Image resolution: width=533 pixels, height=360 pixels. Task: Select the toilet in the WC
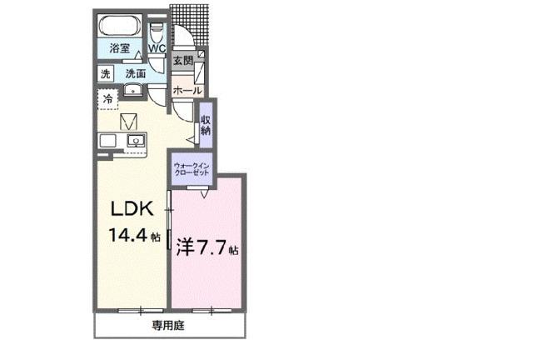157,32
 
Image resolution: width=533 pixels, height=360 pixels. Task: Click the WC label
157,49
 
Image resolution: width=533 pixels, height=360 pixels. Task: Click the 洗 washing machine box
106,73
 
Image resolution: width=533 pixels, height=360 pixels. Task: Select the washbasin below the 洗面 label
132,90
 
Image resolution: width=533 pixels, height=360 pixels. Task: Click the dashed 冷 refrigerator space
108,100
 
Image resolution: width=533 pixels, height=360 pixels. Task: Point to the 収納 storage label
205,124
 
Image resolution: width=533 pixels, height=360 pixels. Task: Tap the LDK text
131,208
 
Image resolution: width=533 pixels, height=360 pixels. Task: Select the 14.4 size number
127,236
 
